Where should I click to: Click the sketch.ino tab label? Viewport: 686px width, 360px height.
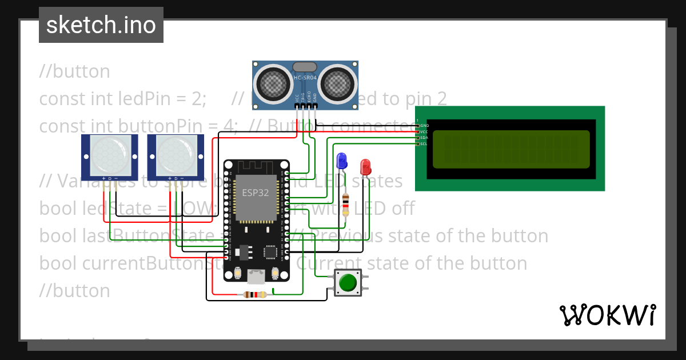coord(101,25)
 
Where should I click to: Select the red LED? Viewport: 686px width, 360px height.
coord(365,167)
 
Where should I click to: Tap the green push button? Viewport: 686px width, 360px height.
coord(348,283)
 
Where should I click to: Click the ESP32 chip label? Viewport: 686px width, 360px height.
coord(256,193)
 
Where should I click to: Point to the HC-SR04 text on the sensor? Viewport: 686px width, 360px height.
coord(305,77)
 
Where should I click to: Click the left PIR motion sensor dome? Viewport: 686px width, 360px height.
coord(110,155)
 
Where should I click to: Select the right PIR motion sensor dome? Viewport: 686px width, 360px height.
coord(176,155)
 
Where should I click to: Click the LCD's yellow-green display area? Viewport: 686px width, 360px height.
coord(510,150)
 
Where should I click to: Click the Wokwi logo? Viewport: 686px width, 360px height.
coord(607,315)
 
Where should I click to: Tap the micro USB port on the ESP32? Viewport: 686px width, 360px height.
coord(256,277)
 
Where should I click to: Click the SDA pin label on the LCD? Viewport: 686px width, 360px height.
coord(424,138)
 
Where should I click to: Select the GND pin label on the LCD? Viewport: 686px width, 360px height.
coord(424,125)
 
